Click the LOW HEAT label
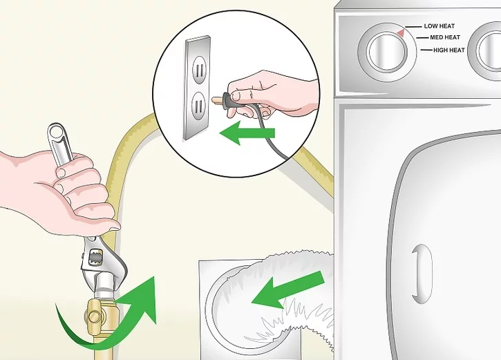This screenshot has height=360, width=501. [439, 26]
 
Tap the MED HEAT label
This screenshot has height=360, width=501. [445, 37]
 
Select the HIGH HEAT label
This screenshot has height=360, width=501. [449, 50]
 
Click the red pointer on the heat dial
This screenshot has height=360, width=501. [401, 32]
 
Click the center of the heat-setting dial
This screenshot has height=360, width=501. [387, 51]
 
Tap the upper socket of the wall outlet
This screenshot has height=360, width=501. [199, 69]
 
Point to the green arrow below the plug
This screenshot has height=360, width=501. [247, 133]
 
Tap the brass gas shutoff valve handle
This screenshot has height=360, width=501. [93, 316]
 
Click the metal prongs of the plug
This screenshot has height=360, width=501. [216, 100]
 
